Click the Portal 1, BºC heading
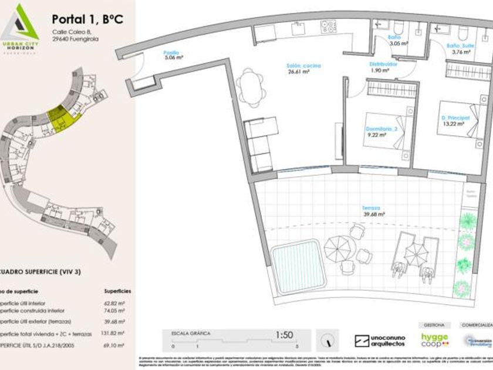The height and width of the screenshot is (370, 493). pyautogui.click(x=87, y=19)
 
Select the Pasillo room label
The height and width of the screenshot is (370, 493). pyautogui.click(x=171, y=53)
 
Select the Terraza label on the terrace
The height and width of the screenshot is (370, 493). pyautogui.click(x=371, y=208)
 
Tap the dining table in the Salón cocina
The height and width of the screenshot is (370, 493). pyautogui.click(x=251, y=86)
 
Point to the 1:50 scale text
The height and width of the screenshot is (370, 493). pyautogui.click(x=284, y=335)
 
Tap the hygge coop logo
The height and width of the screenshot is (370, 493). pyautogui.click(x=434, y=340)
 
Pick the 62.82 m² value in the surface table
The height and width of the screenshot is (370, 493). pyautogui.click(x=118, y=303)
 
